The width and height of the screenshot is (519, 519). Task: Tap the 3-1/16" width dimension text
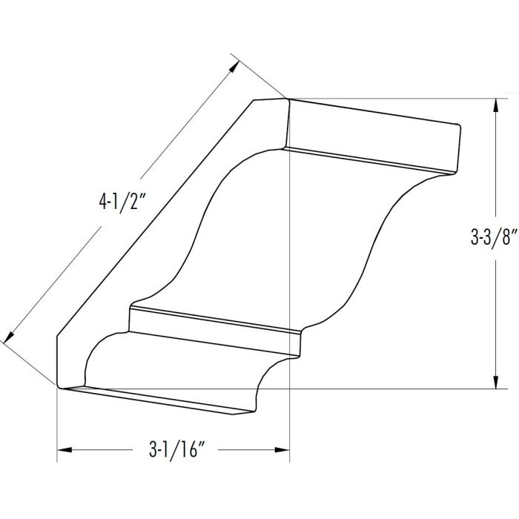(x=171, y=450)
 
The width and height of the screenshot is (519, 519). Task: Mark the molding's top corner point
(x=288, y=99)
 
